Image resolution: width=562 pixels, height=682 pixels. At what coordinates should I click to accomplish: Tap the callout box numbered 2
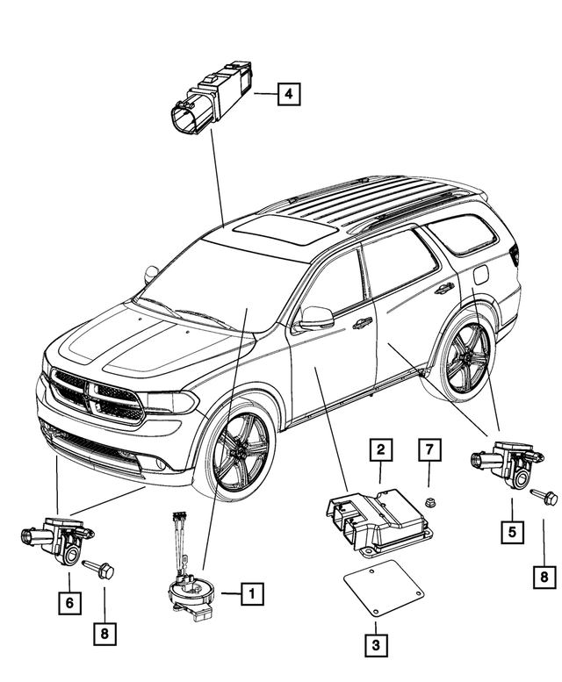coord(380,450)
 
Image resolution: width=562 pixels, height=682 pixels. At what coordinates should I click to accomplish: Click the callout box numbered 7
coord(428,450)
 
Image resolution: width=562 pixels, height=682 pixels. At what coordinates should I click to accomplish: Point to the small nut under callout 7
coord(428,502)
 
